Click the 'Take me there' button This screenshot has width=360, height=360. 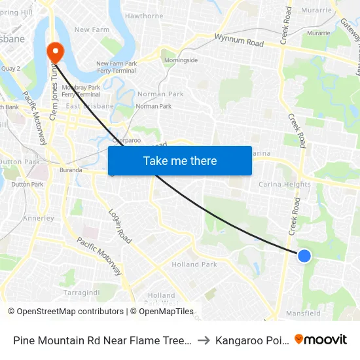pos(179,160)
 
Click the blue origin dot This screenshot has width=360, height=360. pos(304,256)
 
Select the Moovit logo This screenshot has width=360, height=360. pos(321,339)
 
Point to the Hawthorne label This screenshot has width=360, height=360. pos(144,16)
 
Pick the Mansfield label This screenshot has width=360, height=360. pos(304,314)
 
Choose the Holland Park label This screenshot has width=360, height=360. pos(194,264)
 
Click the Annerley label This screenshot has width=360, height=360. pos(38,218)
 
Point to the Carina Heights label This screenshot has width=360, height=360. pos(285,185)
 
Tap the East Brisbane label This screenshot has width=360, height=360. pos(90,106)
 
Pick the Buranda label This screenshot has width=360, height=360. pos(71,170)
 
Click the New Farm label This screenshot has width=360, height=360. pos(91,29)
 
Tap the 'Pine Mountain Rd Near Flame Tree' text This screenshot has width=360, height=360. pos(101,340)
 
